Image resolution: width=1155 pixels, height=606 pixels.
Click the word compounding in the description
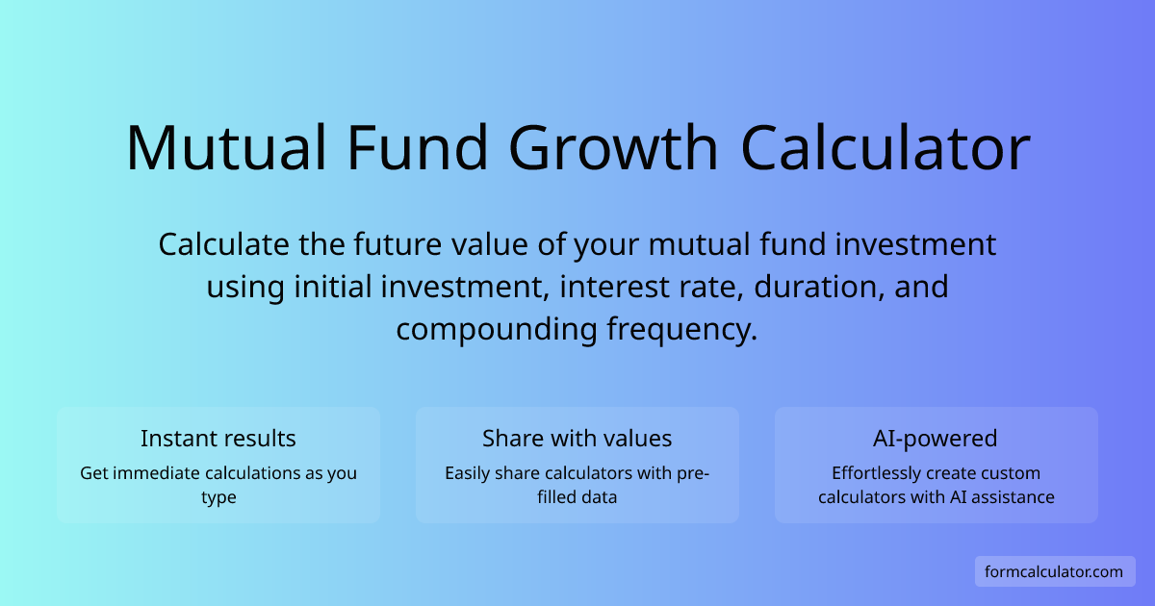coord(497,329)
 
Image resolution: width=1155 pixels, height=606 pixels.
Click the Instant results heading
coord(218,439)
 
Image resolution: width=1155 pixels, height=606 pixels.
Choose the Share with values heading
coord(577,439)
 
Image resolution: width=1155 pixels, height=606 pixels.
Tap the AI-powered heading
coord(936,439)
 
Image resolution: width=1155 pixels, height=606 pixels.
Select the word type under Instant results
coord(218,497)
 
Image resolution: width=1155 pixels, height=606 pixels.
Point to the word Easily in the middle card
coord(467,473)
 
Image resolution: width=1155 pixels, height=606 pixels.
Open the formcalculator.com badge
coord(1054,571)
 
